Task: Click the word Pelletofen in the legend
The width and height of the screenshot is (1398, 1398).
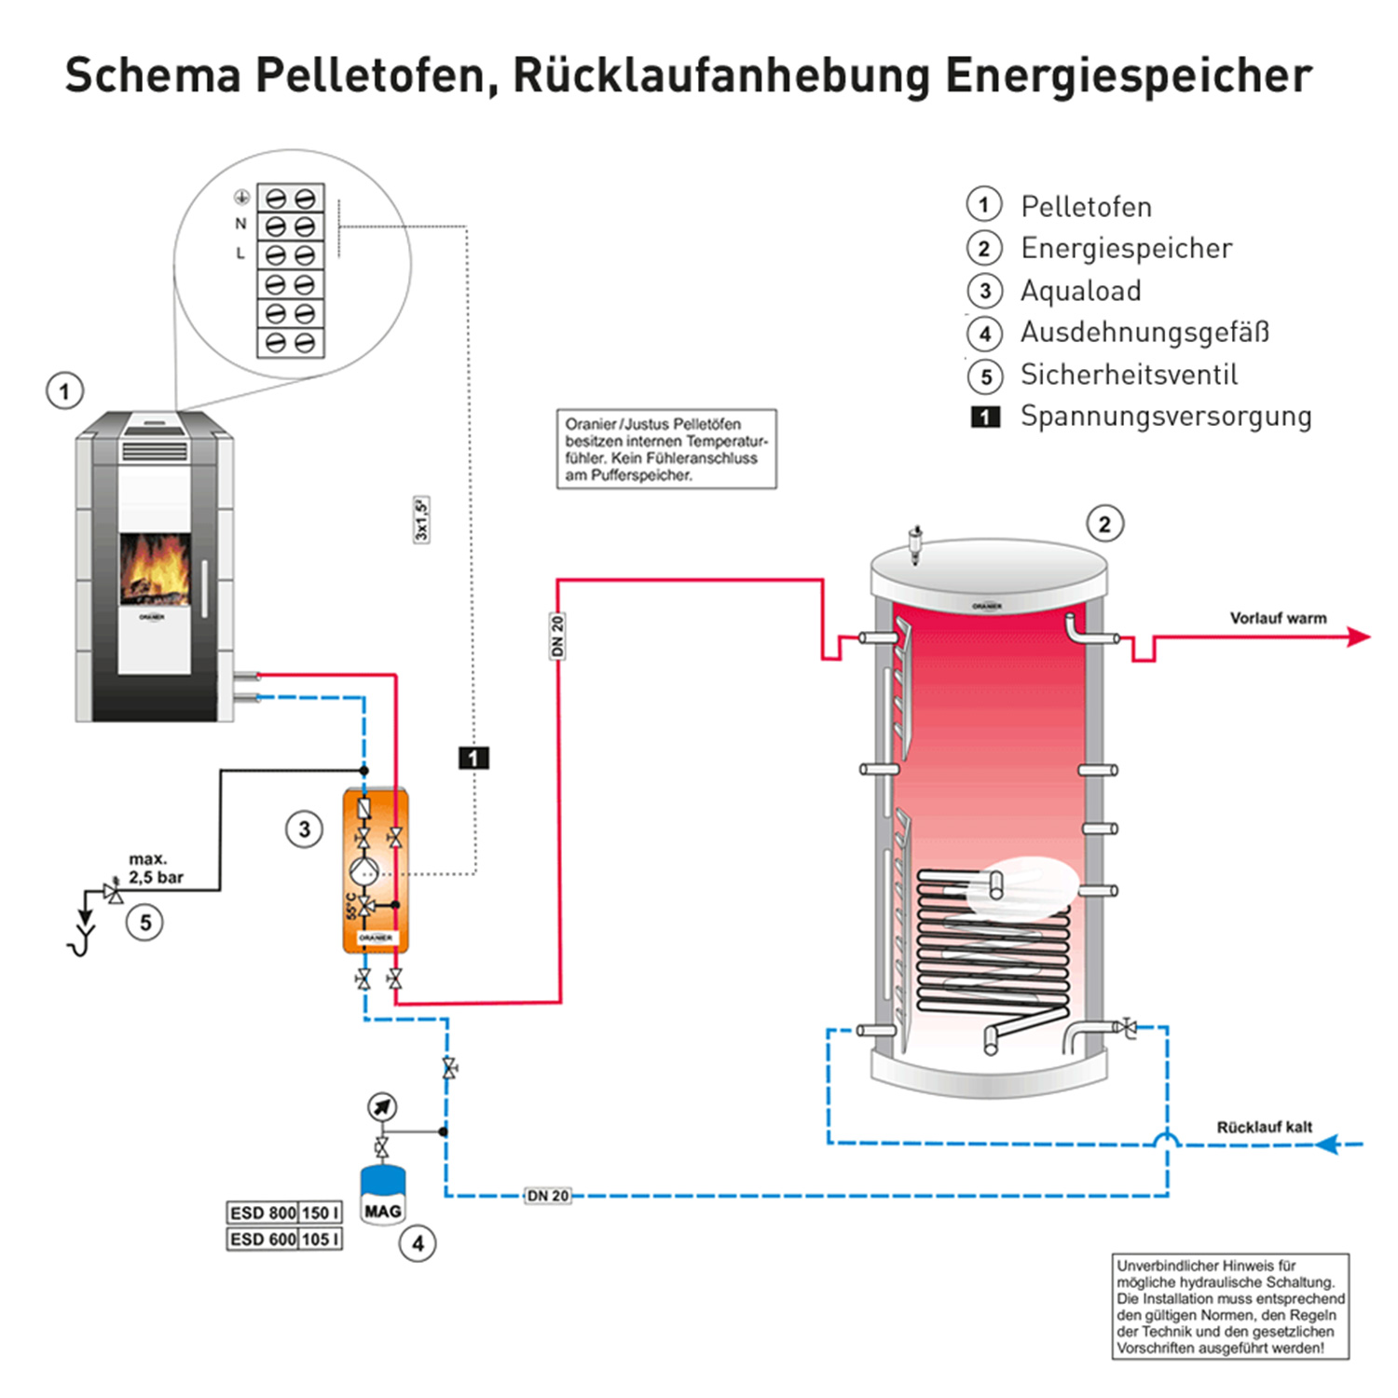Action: pos(1086,206)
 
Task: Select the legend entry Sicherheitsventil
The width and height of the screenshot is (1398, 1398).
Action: pos(1129,375)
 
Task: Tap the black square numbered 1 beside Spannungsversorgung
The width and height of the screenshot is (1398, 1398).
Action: pos(985,417)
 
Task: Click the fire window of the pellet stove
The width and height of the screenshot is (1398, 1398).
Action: pos(155,569)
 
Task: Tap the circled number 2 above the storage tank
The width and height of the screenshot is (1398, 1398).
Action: pos(1104,524)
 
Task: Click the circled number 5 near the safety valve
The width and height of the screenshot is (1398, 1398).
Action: pos(145,923)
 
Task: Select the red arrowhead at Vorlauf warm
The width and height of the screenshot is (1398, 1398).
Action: pos(1359,637)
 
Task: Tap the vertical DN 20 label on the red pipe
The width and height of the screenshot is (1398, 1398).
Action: pos(557,636)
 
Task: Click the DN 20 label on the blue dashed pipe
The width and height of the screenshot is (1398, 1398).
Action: pos(548,1196)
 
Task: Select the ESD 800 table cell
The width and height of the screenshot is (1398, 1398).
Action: pos(263,1213)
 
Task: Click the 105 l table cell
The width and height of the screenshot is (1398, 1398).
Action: pos(320,1239)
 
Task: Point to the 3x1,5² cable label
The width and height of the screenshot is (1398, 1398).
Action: pos(421,519)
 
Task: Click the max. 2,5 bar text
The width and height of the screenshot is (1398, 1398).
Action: pos(156,868)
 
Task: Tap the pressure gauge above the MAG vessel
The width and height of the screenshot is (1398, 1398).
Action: pos(382,1107)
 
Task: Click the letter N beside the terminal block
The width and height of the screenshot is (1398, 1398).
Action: pos(240,224)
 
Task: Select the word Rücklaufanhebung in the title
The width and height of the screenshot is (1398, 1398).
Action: pos(720,76)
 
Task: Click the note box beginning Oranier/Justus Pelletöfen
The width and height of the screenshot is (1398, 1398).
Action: pos(665,448)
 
